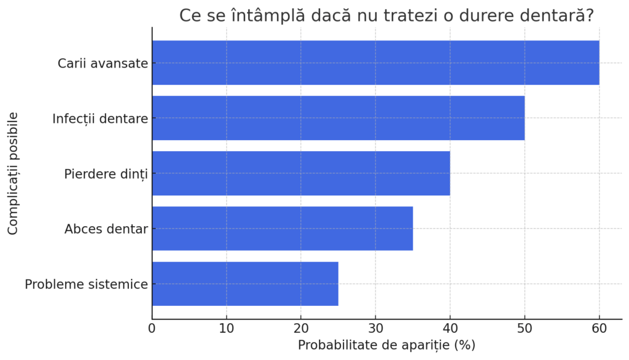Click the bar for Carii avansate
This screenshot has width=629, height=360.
(x=375, y=63)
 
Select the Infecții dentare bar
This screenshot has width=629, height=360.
(x=338, y=118)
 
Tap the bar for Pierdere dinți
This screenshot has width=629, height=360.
(x=301, y=173)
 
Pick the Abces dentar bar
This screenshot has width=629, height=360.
(x=283, y=229)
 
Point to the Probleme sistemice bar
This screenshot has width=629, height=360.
(x=245, y=284)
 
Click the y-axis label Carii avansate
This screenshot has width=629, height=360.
(x=103, y=63)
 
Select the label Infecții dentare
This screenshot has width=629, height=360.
(x=100, y=119)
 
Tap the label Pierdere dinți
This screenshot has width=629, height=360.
(x=106, y=174)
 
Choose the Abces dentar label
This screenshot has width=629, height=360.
(x=106, y=229)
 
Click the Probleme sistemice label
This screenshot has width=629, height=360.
(x=86, y=284)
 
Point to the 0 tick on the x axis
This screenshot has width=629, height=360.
(x=152, y=328)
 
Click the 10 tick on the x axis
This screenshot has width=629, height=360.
(x=227, y=328)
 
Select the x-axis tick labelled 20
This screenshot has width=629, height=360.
(x=301, y=328)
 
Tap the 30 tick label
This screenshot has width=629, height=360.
(x=375, y=328)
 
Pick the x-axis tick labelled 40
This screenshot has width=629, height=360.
(x=450, y=328)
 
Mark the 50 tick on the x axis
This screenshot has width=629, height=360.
(x=525, y=328)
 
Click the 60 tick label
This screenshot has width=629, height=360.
(x=599, y=328)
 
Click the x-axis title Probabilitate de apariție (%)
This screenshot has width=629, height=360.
(x=386, y=345)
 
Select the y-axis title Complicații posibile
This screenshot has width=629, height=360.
(x=13, y=173)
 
